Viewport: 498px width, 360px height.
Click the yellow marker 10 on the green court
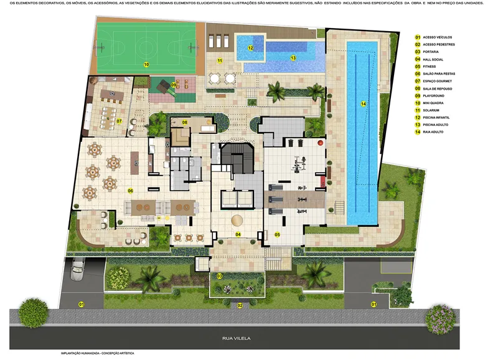[146, 64]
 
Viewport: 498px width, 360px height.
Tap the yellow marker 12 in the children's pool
[251, 47]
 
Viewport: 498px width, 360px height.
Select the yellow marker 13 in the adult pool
[292, 57]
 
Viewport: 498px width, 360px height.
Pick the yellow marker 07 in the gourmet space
[118, 120]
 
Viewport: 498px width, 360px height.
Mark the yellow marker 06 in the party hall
[131, 191]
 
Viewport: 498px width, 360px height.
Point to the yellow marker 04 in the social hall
[238, 234]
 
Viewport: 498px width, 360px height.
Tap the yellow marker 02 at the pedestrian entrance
[240, 305]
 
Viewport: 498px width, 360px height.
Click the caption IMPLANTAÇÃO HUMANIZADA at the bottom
[96, 353]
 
